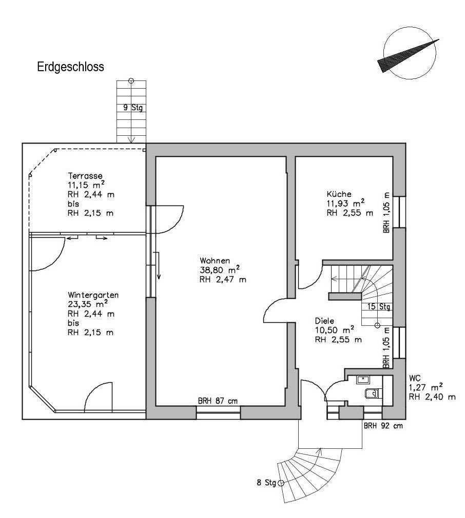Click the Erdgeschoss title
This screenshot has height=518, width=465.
tap(70, 67)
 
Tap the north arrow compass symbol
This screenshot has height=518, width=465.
tap(409, 54)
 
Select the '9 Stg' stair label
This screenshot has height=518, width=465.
tap(133, 108)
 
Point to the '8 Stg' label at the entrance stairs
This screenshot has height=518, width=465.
tap(266, 483)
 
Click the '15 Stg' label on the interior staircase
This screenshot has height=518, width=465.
tap(379, 306)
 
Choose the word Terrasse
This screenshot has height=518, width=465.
tap(85, 175)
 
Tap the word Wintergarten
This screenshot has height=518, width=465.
tap(93, 295)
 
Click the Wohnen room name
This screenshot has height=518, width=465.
tap(215, 260)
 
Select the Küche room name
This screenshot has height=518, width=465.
tap(339, 194)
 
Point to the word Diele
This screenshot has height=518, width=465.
tap(324, 321)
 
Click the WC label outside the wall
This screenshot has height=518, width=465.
tap(415, 378)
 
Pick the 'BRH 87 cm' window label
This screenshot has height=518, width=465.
tap(218, 401)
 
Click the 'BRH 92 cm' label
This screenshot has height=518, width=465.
tap(383, 426)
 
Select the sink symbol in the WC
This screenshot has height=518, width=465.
tap(363, 380)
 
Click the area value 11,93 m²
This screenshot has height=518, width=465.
tap(346, 203)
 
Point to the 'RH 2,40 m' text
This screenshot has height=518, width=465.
tap(432, 397)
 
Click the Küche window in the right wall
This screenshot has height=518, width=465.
tap(399, 212)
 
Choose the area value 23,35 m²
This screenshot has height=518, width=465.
tap(88, 304)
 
